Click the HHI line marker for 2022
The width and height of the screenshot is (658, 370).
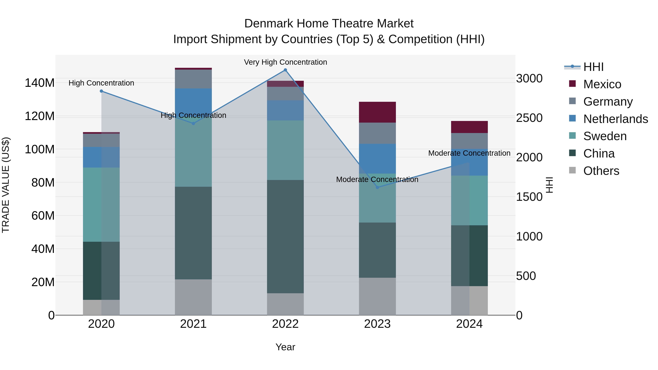[285, 70]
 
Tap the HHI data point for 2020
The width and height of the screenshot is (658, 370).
[101, 91]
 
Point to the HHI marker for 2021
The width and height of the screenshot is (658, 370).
[193, 124]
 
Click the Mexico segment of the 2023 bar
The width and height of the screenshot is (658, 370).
[377, 112]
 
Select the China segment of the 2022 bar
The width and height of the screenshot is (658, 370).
[285, 236]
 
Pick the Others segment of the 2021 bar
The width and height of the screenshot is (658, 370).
[193, 297]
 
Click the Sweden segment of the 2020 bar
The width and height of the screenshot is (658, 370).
[101, 204]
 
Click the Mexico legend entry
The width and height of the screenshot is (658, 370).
[602, 84]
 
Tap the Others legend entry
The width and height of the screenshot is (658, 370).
[601, 171]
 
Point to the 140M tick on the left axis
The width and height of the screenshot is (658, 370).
[40, 83]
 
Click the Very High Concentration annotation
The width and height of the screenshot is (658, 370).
[285, 62]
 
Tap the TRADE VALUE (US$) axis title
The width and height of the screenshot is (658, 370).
[6, 185]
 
